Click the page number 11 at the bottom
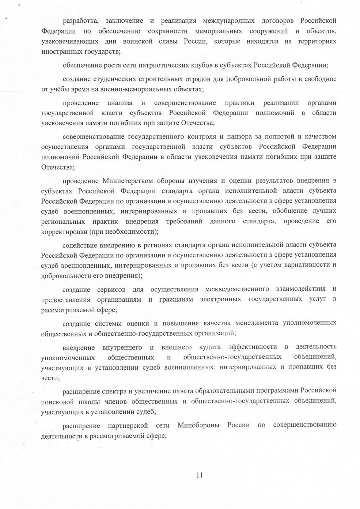click(x=199, y=475)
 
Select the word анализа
click(x=120, y=103)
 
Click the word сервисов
click(x=112, y=290)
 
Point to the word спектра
click(x=111, y=391)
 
